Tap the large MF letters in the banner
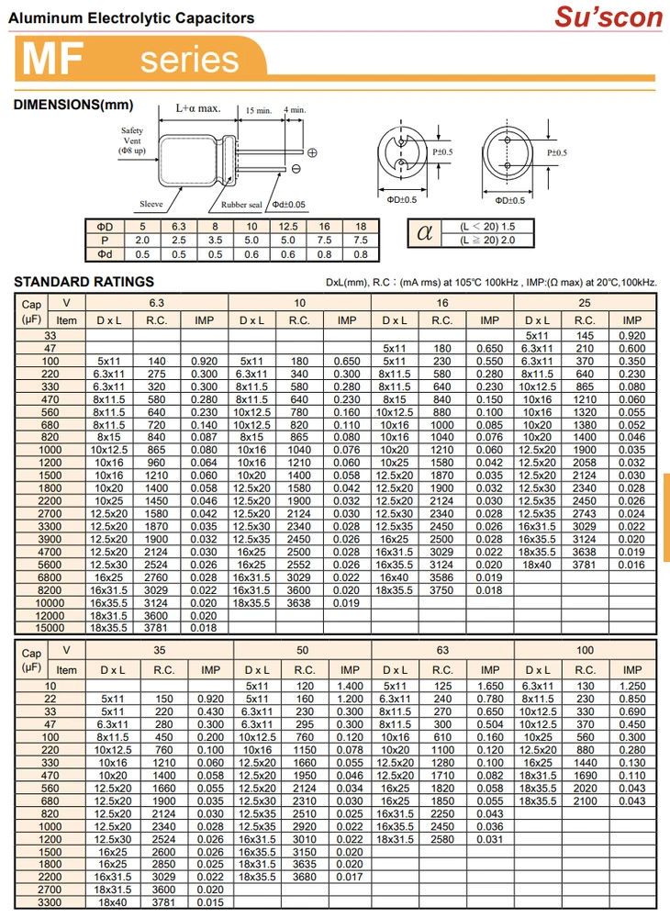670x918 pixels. coord(51,59)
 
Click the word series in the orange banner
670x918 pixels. coord(189,60)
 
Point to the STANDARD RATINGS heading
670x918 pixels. coord(84,282)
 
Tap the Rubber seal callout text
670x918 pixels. coord(241,205)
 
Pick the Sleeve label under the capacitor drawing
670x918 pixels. coord(151,204)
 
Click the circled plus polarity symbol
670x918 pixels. coord(312,152)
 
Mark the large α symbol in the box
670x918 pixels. coord(424,233)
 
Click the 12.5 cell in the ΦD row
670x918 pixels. coord(287,226)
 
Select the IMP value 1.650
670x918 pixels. coord(490,686)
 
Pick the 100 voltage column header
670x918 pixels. coord(585,650)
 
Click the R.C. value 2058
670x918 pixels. coord(585,463)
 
